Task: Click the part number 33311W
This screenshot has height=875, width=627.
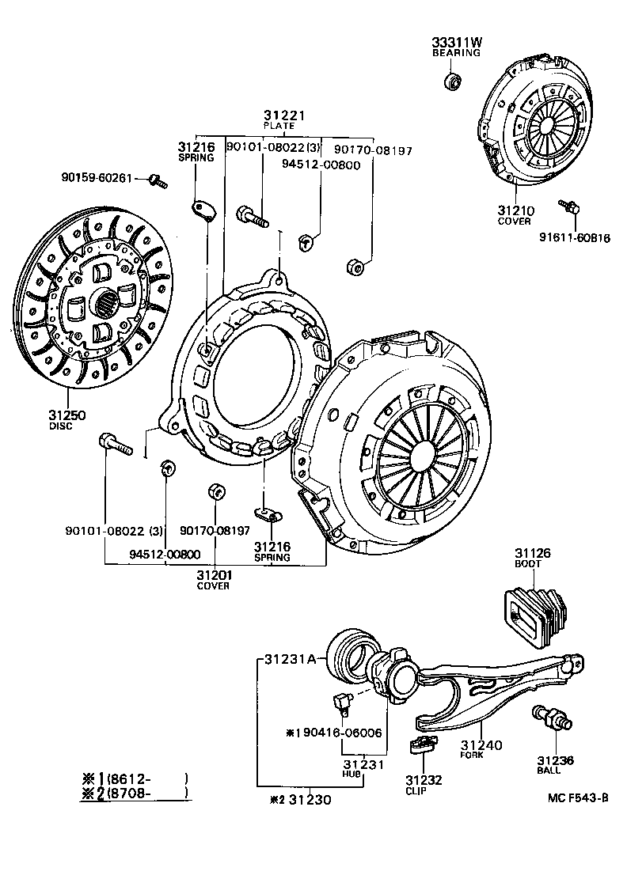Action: point(455,42)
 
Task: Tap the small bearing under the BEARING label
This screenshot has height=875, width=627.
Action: point(452,81)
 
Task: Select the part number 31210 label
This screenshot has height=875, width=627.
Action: point(515,210)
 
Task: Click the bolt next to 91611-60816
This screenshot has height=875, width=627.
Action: point(569,207)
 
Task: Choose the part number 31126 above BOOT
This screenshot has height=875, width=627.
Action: point(532,552)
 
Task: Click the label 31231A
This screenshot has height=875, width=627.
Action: point(290,658)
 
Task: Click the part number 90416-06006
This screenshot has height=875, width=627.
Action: point(340,733)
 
